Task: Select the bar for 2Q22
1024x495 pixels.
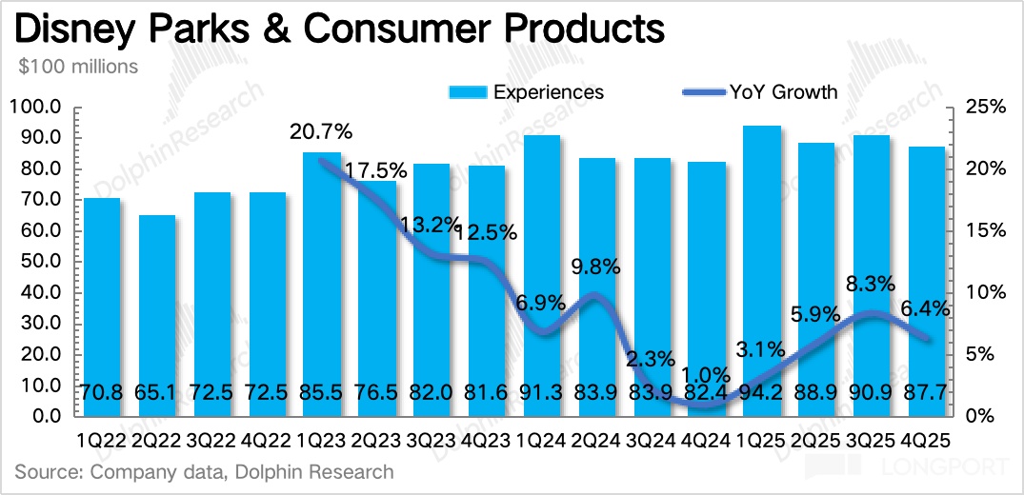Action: [157, 314]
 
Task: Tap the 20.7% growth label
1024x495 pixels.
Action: [321, 130]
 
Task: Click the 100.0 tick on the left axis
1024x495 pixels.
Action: [39, 107]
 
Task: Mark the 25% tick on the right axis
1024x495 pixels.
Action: [982, 107]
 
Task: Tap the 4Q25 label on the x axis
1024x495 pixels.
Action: [923, 442]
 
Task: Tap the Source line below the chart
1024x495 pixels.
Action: [204, 471]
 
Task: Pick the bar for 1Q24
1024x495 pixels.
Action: [542, 276]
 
